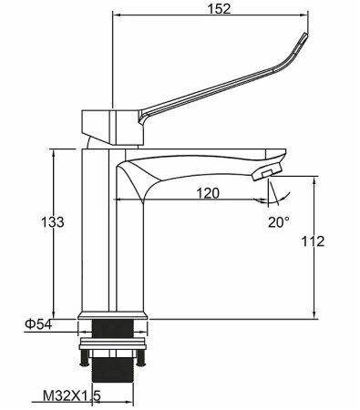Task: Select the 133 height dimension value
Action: pos(54,223)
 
